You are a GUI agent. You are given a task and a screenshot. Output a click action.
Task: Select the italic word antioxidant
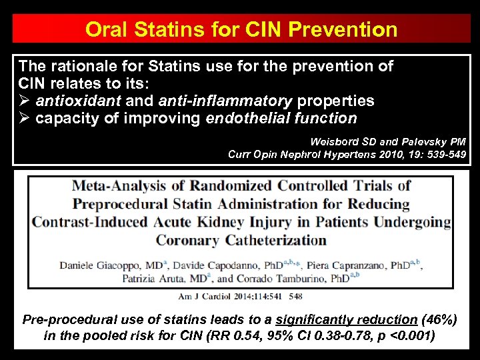click(78, 101)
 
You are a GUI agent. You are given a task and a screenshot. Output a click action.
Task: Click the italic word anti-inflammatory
click(225, 101)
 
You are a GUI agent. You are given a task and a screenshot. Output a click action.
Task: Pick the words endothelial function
click(281, 119)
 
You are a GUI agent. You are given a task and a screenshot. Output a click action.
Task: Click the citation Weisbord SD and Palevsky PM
click(388, 141)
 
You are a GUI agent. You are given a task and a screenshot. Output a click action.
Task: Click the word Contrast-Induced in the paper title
click(92, 221)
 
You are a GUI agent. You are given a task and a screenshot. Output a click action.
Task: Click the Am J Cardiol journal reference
click(240, 295)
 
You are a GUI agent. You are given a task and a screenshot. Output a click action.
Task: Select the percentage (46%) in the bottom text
click(439, 320)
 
